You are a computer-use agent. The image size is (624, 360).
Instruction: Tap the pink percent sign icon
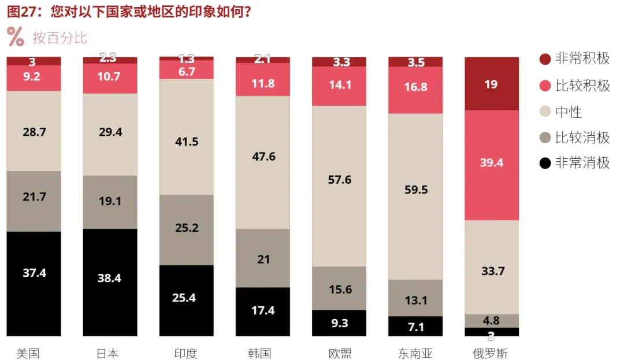(x=16, y=36)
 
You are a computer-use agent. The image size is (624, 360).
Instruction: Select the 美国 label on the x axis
(x=28, y=353)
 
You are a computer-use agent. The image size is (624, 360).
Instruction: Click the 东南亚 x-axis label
(x=415, y=353)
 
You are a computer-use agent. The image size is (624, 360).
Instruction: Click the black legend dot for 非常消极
(x=544, y=163)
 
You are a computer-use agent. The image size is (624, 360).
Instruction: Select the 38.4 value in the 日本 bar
(x=110, y=278)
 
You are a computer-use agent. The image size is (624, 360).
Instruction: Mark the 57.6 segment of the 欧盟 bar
(x=339, y=180)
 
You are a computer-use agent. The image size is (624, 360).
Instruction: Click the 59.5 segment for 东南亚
(x=415, y=190)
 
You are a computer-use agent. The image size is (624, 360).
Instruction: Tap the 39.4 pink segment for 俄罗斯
(x=492, y=163)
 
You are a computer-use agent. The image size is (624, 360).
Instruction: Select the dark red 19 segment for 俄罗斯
(x=492, y=84)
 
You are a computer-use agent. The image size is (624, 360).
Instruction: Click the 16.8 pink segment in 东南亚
(x=415, y=87)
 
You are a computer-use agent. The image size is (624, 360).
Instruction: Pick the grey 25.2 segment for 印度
(x=186, y=228)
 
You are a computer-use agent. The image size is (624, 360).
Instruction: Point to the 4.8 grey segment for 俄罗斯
(x=492, y=321)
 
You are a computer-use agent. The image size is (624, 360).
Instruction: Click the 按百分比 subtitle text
(x=60, y=38)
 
